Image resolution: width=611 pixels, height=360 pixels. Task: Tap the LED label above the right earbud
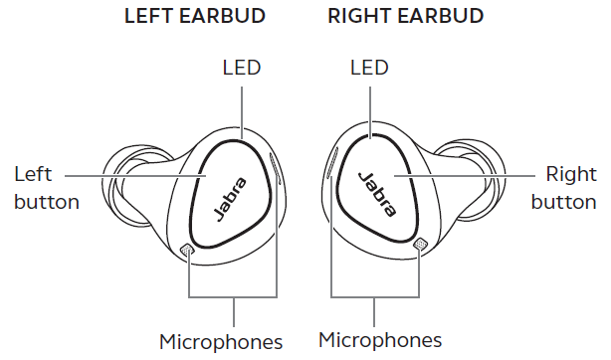[370, 68]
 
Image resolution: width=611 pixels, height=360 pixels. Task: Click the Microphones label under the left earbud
[221, 342]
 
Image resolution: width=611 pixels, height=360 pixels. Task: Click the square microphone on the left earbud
[188, 250]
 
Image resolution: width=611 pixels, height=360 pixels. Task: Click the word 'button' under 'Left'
[46, 202]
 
